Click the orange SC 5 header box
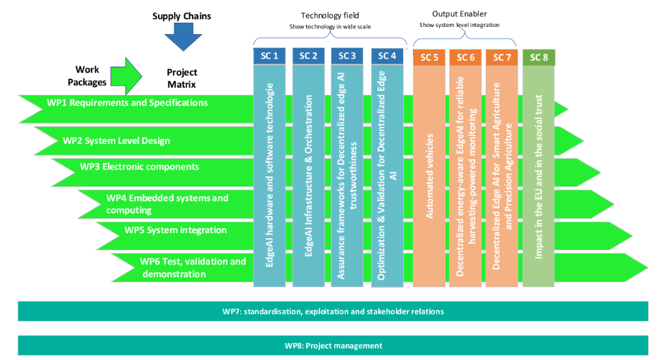429,57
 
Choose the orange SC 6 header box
465,57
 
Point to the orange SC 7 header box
501,57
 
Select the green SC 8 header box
539,57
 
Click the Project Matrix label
182,78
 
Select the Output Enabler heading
459,14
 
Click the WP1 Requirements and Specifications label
127,103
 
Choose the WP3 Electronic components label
140,167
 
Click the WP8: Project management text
333,346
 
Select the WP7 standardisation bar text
333,311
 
